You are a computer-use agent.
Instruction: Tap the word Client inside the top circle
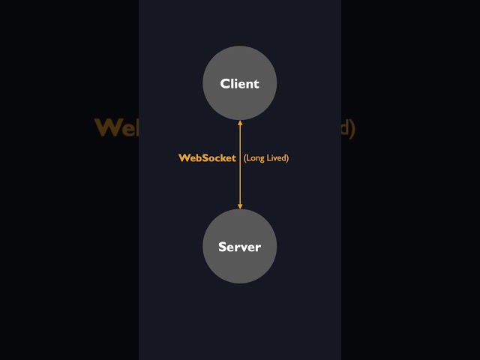(240, 84)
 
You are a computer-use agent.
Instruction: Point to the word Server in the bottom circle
(240, 247)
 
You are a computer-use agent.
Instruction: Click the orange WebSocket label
(207, 158)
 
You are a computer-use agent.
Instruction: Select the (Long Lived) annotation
(266, 158)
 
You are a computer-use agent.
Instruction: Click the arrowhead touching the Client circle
(240, 123)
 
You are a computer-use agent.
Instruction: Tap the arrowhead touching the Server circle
(240, 205)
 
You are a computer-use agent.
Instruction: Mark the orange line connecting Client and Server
(240, 180)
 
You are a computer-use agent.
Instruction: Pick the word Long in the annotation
(256, 158)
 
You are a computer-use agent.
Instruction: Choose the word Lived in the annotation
(276, 158)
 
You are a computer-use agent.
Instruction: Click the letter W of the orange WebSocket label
(183, 158)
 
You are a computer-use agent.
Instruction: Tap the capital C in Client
(225, 84)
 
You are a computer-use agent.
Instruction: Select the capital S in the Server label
(223, 247)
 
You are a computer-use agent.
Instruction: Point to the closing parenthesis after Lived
(287, 158)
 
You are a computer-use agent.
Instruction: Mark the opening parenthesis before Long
(245, 158)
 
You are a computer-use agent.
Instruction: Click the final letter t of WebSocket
(234, 158)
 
